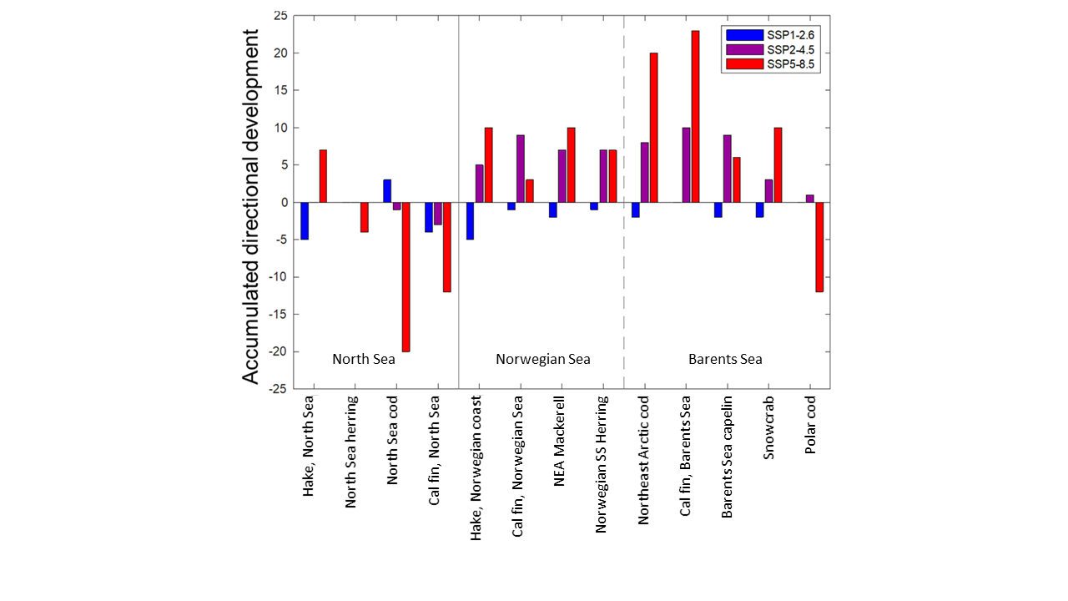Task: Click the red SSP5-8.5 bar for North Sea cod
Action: [406, 276]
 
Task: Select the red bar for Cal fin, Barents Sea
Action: [695, 116]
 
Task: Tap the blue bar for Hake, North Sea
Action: [305, 220]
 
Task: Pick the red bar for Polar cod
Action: [819, 246]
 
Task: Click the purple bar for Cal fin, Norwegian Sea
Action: [521, 168]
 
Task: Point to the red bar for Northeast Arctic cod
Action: [653, 127]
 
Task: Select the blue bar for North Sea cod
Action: [387, 190]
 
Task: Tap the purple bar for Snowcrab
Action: [768, 190]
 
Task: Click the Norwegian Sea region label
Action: [542, 359]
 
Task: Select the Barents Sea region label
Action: [725, 359]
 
